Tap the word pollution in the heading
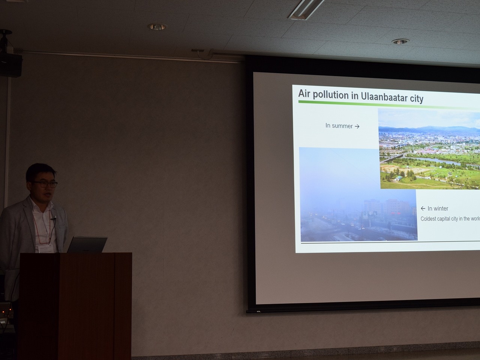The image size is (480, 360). click(331, 95)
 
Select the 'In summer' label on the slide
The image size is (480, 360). click(339, 126)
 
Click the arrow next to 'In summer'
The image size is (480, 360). click(357, 126)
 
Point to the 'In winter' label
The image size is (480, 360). click(438, 208)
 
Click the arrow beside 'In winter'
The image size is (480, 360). click(423, 208)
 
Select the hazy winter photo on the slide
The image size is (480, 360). click(358, 194)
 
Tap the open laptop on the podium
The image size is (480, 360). click(87, 244)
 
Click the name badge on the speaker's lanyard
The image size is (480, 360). click(47, 249)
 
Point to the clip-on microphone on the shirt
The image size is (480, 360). click(53, 218)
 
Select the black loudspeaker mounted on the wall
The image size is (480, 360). click(10, 65)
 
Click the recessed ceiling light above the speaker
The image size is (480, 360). click(157, 27)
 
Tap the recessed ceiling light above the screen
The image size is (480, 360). click(400, 42)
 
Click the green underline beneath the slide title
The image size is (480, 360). click(389, 105)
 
